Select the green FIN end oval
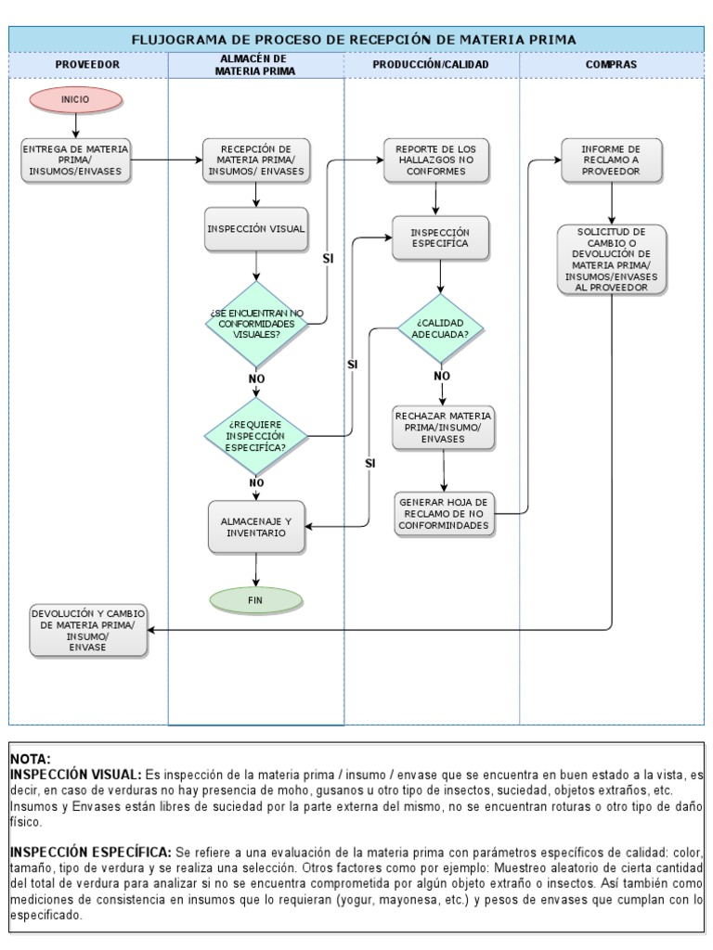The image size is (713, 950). coord(255,600)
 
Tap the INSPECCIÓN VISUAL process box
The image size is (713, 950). coord(255,227)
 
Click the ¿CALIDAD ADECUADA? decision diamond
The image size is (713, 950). coord(442,327)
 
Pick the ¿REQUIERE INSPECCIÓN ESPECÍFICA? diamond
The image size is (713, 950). coord(255,434)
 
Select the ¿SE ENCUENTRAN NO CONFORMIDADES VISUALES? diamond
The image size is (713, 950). coord(255,324)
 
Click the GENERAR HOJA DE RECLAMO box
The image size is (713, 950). coord(443,513)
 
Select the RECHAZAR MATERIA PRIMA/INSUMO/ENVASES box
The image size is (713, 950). coord(443,427)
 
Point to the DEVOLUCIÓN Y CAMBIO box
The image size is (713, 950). coord(87,630)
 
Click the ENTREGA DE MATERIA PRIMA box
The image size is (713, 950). coord(76,160)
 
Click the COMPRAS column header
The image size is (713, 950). coord(611,65)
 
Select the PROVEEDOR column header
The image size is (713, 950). coord(88,65)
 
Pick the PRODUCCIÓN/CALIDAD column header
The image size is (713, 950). coord(431,65)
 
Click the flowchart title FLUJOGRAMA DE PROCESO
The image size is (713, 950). coord(356,39)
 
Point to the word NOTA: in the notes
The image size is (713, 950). coord(31,759)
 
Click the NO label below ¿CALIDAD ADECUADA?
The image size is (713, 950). coord(442,376)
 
